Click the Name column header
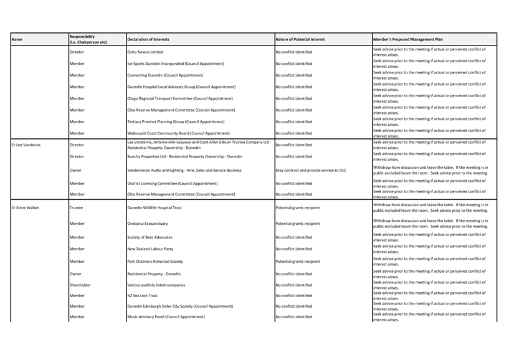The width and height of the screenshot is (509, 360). click(x=17, y=40)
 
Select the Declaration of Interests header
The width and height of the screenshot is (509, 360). click(x=148, y=40)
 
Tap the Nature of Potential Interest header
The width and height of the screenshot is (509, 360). click(x=300, y=40)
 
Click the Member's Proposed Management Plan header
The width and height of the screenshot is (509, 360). click(x=408, y=40)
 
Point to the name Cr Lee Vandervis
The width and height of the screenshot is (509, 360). click(x=26, y=145)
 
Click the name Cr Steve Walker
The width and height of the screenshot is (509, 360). click(x=25, y=207)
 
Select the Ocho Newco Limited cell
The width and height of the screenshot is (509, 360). click(x=145, y=52)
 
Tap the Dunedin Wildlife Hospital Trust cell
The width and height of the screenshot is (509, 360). click(x=155, y=207)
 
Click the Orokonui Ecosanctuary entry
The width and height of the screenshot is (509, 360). click(x=148, y=223)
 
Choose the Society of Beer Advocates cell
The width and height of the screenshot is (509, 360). click(x=150, y=237)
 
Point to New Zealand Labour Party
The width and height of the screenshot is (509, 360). click(x=150, y=249)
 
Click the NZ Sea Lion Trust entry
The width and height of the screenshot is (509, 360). click(x=142, y=296)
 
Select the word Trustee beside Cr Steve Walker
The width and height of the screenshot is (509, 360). click(x=77, y=207)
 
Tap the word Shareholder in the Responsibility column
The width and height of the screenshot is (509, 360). click(x=80, y=285)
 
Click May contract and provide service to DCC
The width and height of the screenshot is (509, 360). click(x=311, y=170)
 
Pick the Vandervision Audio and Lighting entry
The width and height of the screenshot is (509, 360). click(x=184, y=170)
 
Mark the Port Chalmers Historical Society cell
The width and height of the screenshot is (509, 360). click(x=155, y=262)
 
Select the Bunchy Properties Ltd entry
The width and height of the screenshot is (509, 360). click(x=184, y=157)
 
